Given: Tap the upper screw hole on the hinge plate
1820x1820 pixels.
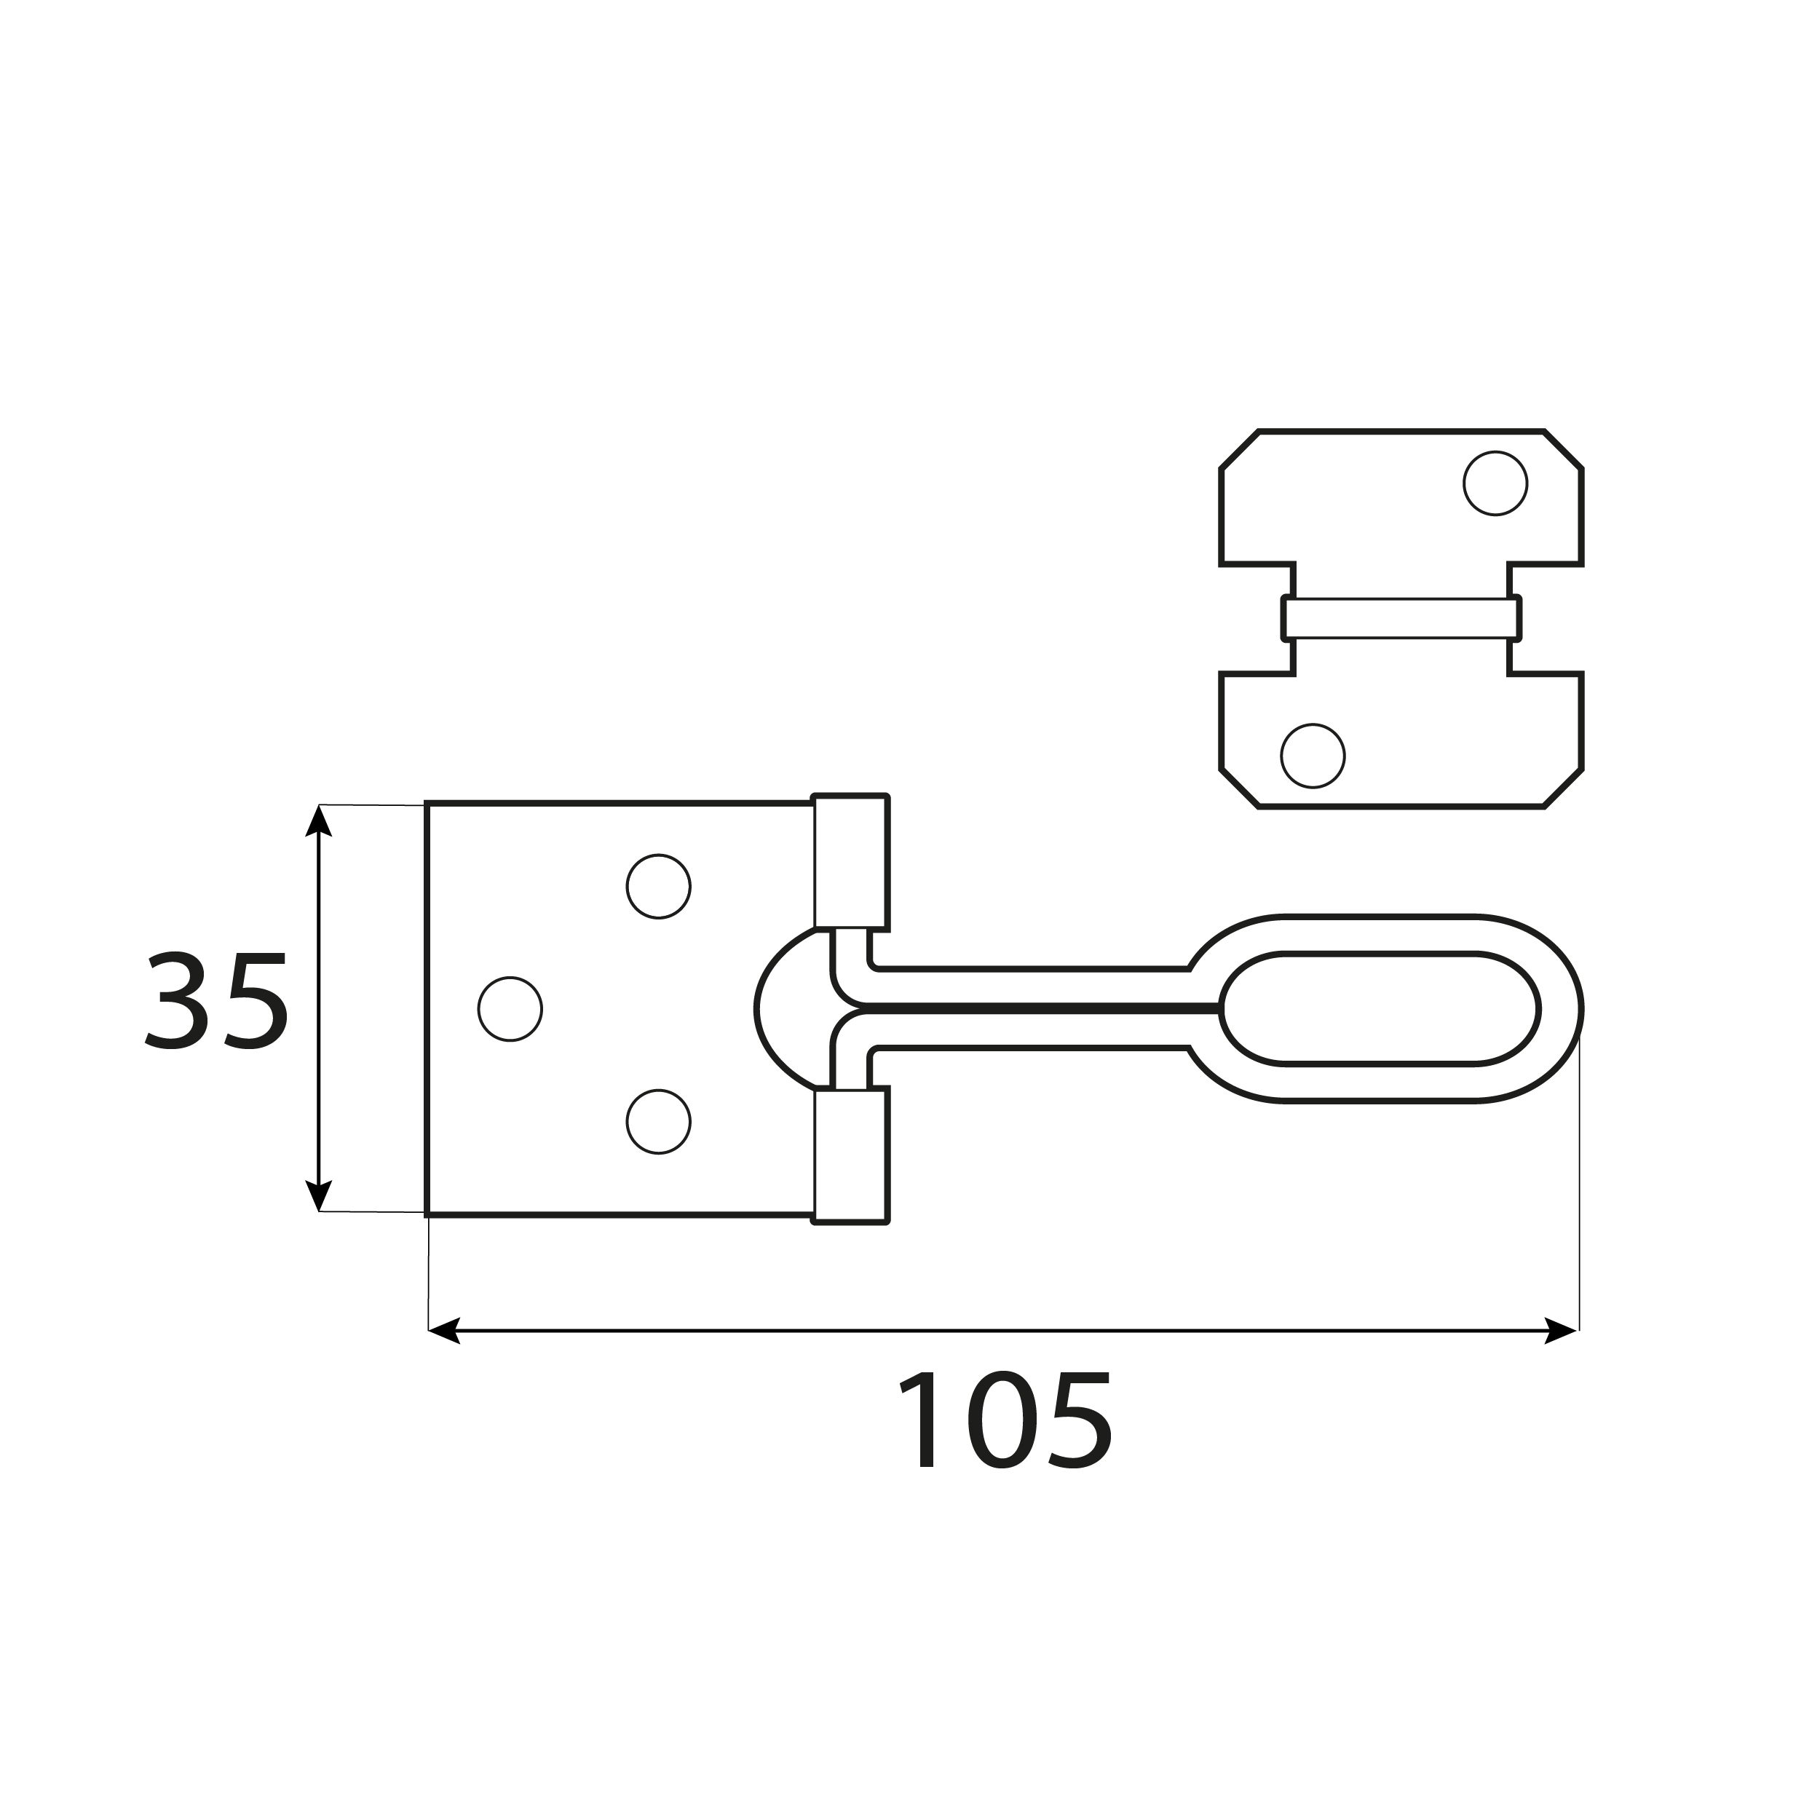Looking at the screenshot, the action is pos(659,887).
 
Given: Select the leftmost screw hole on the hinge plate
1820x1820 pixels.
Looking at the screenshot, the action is pos(510,1009).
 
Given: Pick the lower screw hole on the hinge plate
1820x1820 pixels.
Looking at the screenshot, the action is pos(659,1122).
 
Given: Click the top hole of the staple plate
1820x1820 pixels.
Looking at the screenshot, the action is pos(1495,483).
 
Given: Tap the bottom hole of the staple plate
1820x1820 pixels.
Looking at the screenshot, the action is pos(1313,756).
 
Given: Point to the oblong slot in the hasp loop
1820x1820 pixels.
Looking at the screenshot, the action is pos(1379,1009).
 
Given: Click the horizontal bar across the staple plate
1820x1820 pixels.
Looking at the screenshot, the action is pos(1401,618).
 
